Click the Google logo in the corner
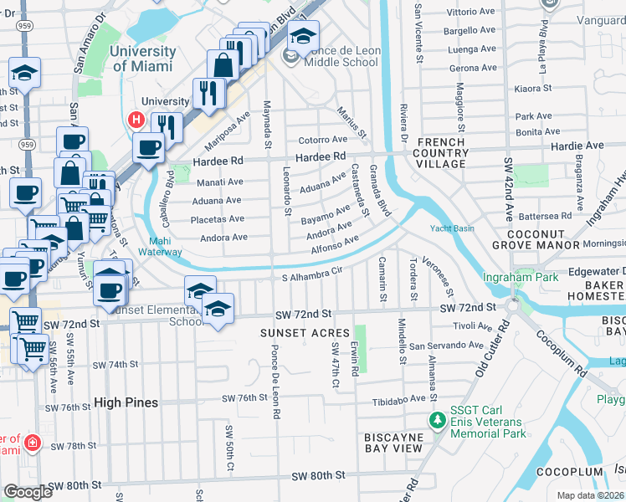(28, 492)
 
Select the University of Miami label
(143, 58)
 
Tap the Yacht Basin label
(452, 228)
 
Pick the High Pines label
(126, 402)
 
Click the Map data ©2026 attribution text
(591, 495)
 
